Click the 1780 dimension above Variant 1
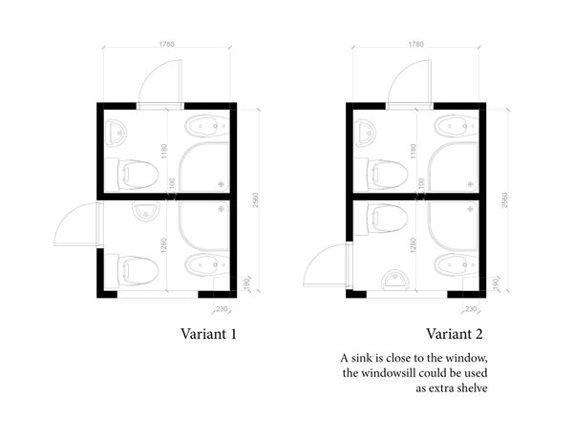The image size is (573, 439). coord(166,44)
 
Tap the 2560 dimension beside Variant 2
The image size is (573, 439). coord(504,200)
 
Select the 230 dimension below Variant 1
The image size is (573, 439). coord(222,309)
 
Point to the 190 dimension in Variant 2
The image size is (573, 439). coord(497,283)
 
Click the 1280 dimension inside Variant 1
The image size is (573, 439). coord(163,245)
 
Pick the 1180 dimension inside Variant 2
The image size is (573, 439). coord(413,151)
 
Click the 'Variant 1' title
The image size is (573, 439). coord(208,334)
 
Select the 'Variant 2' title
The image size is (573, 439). coord(455,334)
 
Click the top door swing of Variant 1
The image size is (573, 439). coord(159,81)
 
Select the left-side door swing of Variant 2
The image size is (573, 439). coord(326,264)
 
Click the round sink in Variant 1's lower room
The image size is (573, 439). coord(146,211)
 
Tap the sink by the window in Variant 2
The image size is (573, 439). coord(395,281)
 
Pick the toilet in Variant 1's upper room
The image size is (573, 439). coord(138,176)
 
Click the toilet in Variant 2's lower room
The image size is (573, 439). coord(388,219)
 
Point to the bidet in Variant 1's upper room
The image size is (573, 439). coord(207,126)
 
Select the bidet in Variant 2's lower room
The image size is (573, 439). coord(456,265)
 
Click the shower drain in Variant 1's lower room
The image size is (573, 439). coord(221,209)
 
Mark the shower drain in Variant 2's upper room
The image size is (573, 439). coord(470,184)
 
